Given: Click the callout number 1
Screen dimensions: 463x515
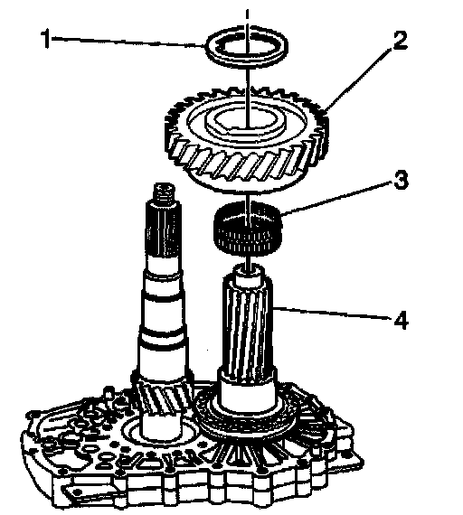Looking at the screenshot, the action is click(46, 39).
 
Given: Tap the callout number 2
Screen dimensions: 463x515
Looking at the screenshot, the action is click(399, 41).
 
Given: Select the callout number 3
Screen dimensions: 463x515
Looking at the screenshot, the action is click(402, 179).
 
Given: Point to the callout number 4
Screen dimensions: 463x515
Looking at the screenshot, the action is click(401, 320).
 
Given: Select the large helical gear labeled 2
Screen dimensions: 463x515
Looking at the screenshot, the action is click(246, 139).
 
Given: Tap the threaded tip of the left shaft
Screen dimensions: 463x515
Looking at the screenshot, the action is click(164, 193).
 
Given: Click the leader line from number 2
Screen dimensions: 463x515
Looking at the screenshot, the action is click(358, 80).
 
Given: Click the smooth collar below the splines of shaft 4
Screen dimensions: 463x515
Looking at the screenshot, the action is click(247, 392).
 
